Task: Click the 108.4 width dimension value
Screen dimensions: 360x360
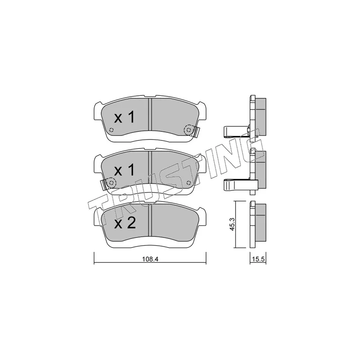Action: (150, 259)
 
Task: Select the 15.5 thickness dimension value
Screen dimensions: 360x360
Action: (258, 259)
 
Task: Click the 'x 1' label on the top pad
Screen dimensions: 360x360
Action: (124, 118)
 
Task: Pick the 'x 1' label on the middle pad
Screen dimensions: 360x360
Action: (124, 171)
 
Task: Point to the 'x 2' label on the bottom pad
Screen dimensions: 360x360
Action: (125, 223)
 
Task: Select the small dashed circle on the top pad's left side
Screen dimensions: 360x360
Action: (111, 130)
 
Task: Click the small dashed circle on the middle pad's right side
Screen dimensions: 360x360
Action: (189, 183)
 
